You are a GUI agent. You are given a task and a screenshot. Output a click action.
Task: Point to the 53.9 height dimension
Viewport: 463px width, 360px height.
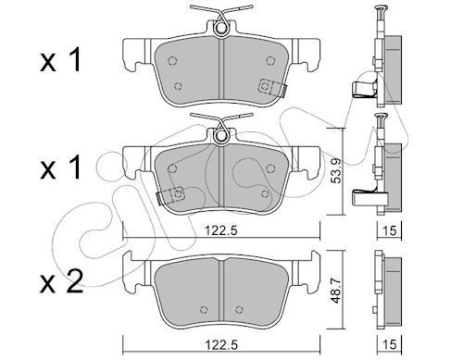[340, 172]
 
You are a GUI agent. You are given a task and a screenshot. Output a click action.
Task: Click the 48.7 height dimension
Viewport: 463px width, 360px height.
[340, 289]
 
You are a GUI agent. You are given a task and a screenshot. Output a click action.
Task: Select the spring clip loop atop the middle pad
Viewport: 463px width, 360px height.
[222, 137]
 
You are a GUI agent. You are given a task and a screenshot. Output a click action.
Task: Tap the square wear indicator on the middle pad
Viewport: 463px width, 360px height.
[168, 196]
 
